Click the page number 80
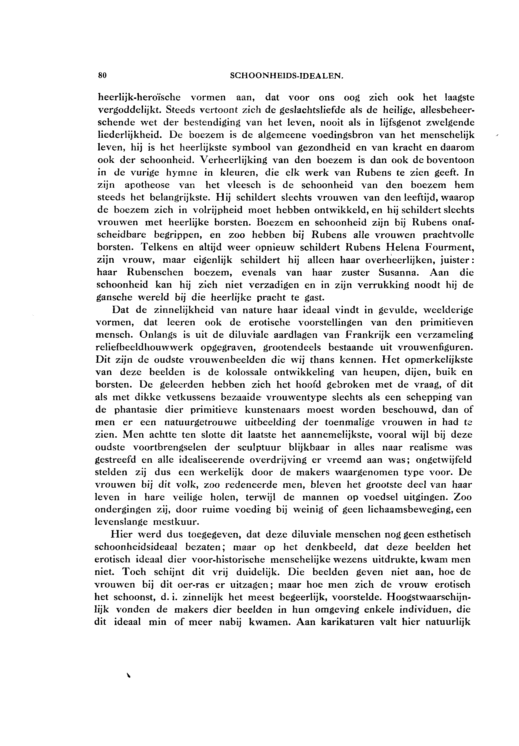(102, 75)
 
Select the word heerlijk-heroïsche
(139, 97)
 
